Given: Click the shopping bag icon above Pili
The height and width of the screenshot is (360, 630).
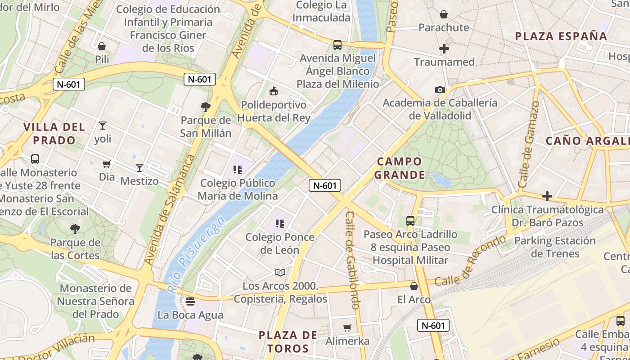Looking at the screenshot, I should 102,46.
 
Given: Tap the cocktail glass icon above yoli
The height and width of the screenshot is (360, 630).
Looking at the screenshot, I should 103,126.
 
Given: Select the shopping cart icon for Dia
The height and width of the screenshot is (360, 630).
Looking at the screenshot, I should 107,164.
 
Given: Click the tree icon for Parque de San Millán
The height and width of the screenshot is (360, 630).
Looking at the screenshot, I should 206,107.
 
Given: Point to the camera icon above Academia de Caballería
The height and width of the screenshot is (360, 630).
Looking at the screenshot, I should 440,90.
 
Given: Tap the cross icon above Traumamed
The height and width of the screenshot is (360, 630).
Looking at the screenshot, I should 444,49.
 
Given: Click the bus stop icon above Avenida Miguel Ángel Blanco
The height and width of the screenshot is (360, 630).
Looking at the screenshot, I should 337,45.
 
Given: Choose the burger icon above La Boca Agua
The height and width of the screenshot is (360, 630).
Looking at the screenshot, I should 190,301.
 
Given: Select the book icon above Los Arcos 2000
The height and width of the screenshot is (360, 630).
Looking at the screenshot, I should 280,272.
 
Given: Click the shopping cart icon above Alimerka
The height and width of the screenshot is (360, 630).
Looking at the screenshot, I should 347,328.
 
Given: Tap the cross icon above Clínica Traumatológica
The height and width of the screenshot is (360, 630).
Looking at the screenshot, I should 547,196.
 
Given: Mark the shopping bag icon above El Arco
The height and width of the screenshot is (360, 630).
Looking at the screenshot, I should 414,286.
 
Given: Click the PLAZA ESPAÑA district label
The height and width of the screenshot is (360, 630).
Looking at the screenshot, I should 561,36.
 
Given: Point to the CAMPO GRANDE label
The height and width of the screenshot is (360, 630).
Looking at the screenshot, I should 400,168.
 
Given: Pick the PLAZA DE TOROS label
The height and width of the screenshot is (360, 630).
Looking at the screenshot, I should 288,342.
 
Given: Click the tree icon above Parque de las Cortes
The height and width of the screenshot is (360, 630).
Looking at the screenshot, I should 75,229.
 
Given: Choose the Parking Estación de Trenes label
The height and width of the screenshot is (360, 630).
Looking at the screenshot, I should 555,247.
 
